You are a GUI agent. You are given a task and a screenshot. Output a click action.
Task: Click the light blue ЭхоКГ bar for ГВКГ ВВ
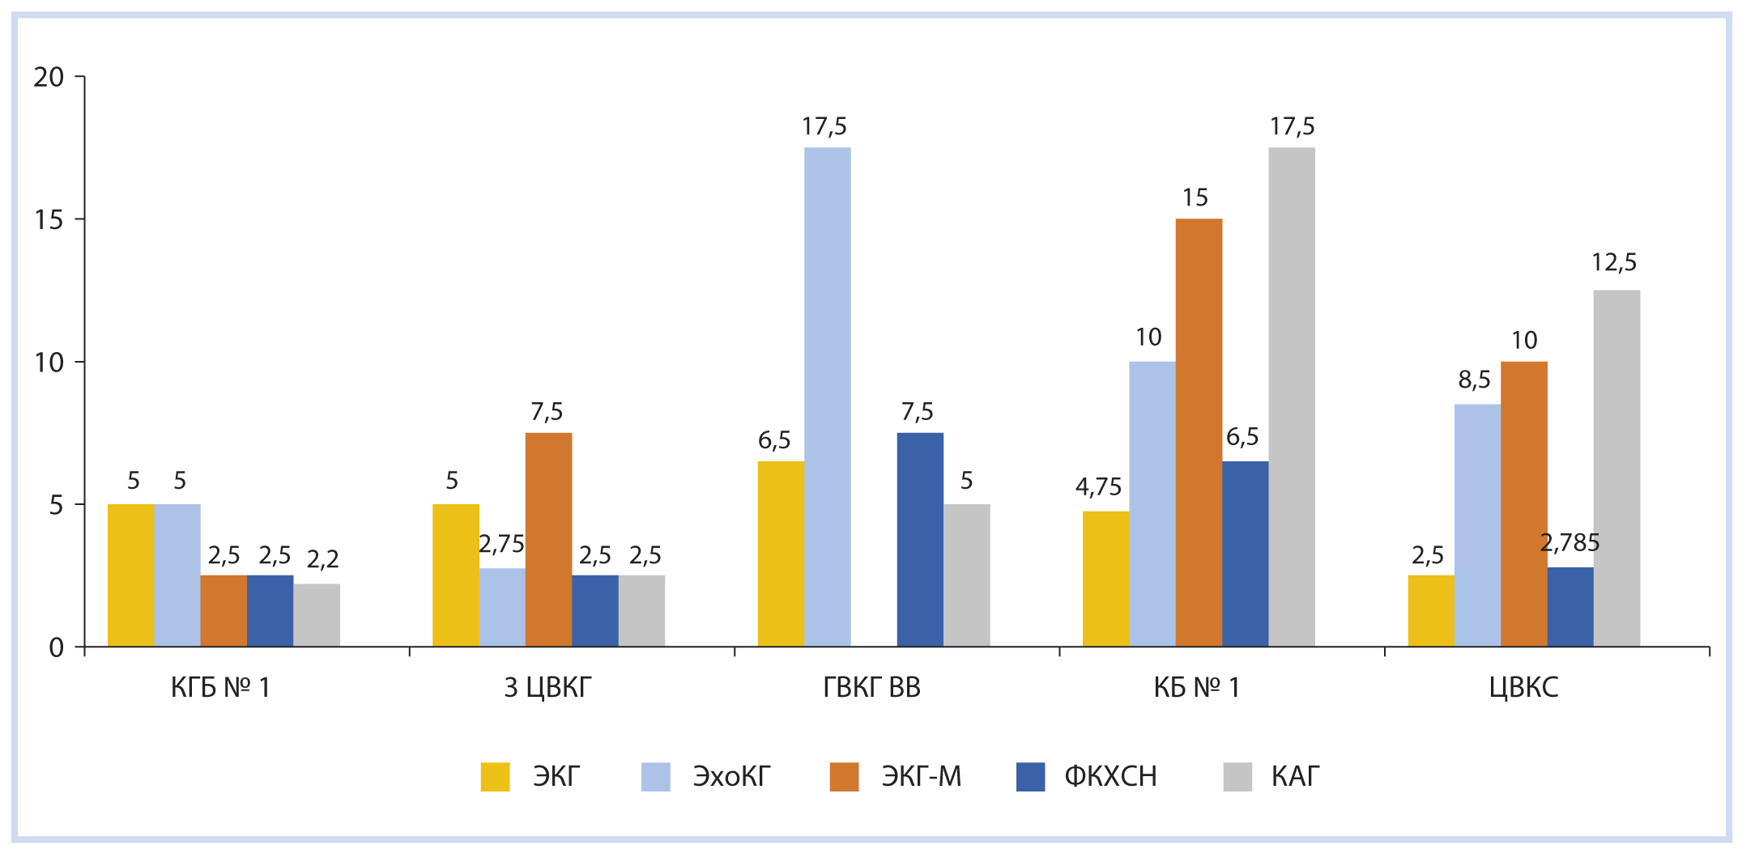coord(827,397)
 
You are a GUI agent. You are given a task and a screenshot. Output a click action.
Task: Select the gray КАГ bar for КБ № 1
coord(1292,397)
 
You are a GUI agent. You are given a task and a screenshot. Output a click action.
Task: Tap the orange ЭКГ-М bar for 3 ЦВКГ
coord(548,539)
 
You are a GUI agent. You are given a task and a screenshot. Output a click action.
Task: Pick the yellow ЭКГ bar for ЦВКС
coord(1431,610)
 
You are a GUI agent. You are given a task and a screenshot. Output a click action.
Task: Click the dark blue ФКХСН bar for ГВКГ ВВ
coord(920,539)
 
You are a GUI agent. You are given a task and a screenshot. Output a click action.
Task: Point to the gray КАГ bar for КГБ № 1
coord(317,614)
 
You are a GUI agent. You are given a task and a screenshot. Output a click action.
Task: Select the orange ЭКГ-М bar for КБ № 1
coord(1199,432)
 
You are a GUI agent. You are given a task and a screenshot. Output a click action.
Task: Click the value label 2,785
coord(1570,543)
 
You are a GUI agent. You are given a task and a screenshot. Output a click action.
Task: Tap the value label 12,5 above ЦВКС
coord(1614,262)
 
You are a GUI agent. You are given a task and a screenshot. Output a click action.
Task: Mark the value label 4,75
coord(1098,486)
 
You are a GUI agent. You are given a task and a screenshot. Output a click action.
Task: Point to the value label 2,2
coord(322,558)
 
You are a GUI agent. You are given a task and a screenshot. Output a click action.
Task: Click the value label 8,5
coord(1474,380)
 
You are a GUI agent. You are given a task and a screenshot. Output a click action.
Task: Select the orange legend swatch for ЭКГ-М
coord(844,777)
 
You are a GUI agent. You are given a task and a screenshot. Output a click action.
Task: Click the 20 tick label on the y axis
coord(49,78)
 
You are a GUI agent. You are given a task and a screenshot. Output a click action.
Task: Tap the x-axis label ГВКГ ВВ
coord(871,687)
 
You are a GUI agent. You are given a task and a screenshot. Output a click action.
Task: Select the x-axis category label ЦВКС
coord(1523,687)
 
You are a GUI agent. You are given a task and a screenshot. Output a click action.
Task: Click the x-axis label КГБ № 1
coord(220,687)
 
